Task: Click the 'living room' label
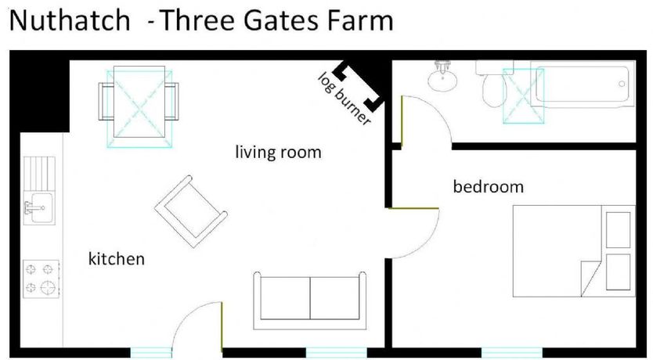point(278,153)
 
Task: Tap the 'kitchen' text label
point(117,259)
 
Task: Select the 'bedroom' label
point(488,186)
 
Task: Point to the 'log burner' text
point(344,99)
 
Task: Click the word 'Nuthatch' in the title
point(70,20)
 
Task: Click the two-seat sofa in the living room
point(310,301)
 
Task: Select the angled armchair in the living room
point(191,211)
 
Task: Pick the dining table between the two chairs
point(139,102)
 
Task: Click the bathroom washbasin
point(442,77)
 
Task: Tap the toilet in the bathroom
point(495,86)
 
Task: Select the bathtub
point(583,84)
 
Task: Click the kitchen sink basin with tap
point(39,208)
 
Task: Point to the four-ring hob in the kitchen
point(41,279)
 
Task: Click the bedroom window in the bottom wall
point(512,352)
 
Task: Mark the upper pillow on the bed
point(618,230)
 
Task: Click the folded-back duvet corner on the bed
point(591,278)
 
